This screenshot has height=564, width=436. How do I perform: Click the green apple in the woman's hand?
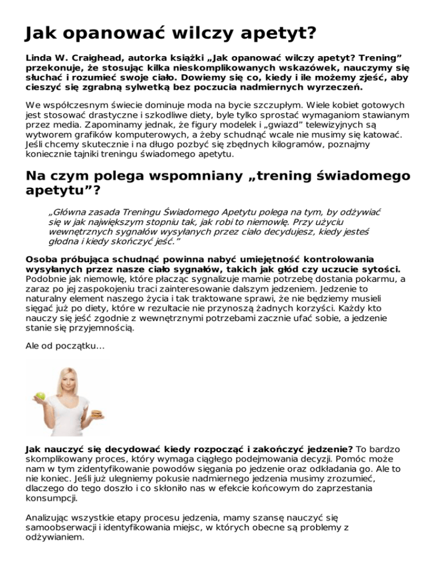pyautogui.click(x=40, y=395)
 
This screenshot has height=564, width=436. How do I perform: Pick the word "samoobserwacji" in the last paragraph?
pyautogui.click(x=59, y=527)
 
